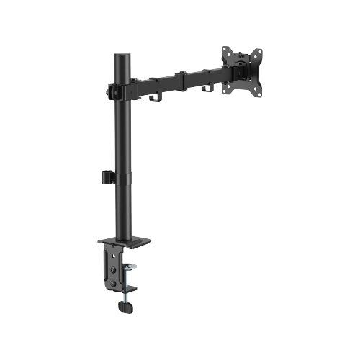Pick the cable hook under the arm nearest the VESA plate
pyautogui.click(x=210, y=89)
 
